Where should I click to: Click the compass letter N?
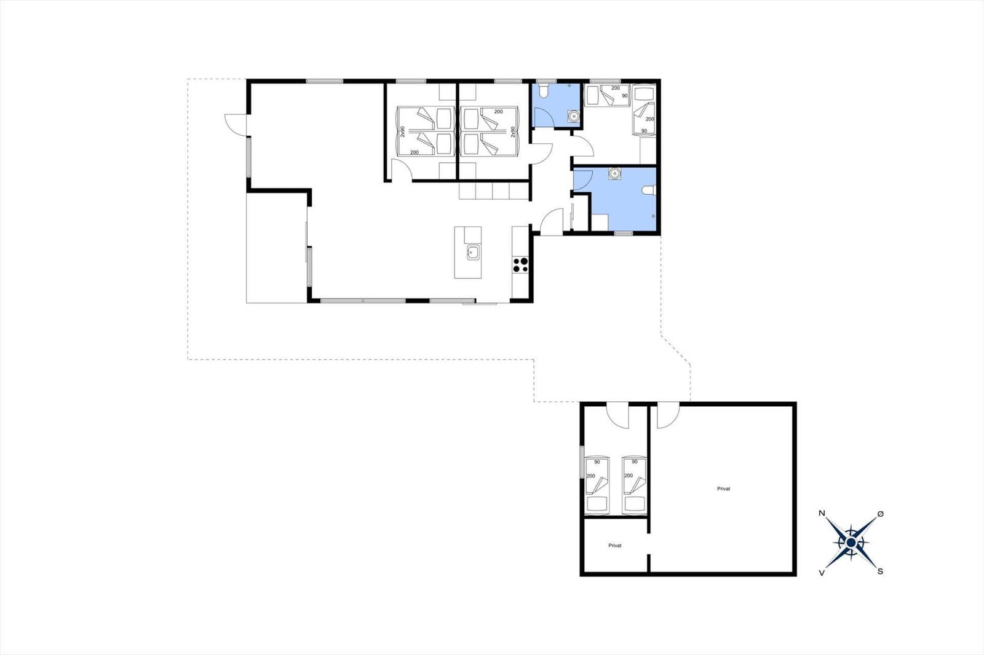pyautogui.click(x=822, y=513)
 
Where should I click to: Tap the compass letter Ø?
pyautogui.click(x=880, y=514)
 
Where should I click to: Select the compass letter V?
pyautogui.click(x=822, y=573)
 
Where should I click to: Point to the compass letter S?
pyautogui.click(x=880, y=571)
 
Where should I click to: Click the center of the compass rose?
pyautogui.click(x=851, y=543)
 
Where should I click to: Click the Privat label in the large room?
pyautogui.click(x=723, y=488)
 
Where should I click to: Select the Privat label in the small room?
pyautogui.click(x=615, y=546)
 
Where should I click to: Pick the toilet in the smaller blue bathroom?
pyautogui.click(x=544, y=91)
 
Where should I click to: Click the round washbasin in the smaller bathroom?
pyautogui.click(x=573, y=116)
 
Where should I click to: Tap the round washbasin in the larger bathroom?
pyautogui.click(x=614, y=174)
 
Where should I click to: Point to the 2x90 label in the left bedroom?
pyautogui.click(x=403, y=131)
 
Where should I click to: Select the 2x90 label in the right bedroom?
pyautogui.click(x=512, y=131)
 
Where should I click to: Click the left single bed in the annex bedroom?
pyautogui.click(x=597, y=485)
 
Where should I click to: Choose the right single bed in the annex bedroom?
pyautogui.click(x=634, y=485)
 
